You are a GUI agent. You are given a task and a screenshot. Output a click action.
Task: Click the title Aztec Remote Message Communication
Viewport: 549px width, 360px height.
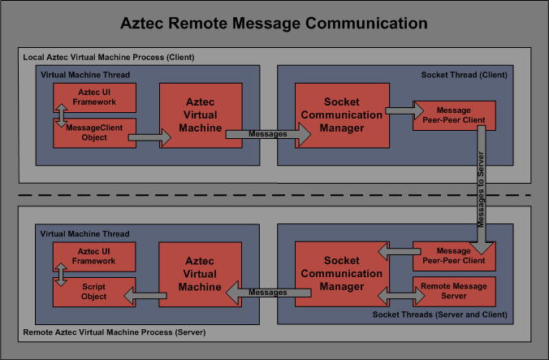[274, 23]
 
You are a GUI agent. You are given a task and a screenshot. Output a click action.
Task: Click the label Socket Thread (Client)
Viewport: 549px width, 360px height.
[464, 75]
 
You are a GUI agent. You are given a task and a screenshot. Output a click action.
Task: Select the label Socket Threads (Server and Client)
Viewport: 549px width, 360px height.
[440, 314]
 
